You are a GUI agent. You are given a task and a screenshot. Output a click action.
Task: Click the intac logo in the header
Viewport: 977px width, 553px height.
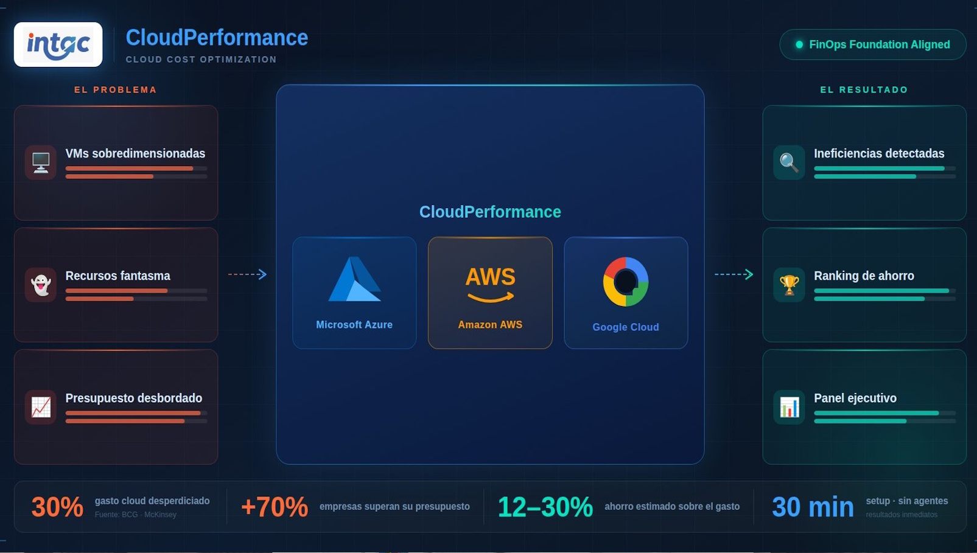pyautogui.click(x=58, y=44)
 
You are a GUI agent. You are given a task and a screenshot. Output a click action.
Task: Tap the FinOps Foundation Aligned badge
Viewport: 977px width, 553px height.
pyautogui.click(x=872, y=44)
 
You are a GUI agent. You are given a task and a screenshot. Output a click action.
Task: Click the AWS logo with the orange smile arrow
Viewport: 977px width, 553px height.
pyautogui.click(x=490, y=284)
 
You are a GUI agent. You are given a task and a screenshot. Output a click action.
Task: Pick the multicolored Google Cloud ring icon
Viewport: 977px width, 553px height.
pyautogui.click(x=626, y=282)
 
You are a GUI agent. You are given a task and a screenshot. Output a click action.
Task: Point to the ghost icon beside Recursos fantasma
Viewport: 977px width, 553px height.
pyautogui.click(x=41, y=285)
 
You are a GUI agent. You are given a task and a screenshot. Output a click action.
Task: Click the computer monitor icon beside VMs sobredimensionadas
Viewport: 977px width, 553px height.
pyautogui.click(x=41, y=162)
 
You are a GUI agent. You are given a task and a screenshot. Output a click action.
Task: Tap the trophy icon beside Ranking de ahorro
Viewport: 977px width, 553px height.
pyautogui.click(x=789, y=285)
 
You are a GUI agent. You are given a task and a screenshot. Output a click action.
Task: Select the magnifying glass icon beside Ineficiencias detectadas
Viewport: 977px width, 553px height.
pyautogui.click(x=789, y=162)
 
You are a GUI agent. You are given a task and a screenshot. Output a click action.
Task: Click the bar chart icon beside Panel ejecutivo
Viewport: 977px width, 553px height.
pyautogui.click(x=789, y=407)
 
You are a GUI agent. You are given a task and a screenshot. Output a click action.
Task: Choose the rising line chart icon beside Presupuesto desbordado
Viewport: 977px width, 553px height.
pyautogui.click(x=41, y=407)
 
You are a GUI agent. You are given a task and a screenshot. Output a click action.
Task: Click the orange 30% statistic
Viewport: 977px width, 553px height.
pyautogui.click(x=57, y=507)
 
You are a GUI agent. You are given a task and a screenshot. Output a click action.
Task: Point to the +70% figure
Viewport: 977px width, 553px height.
pyautogui.click(x=275, y=507)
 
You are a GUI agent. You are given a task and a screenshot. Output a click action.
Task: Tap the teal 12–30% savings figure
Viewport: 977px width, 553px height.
pyautogui.click(x=545, y=507)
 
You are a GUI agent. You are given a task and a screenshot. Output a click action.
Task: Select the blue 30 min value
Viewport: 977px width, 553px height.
pyautogui.click(x=813, y=507)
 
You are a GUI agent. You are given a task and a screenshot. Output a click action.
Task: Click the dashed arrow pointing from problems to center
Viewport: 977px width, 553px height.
pyautogui.click(x=248, y=274)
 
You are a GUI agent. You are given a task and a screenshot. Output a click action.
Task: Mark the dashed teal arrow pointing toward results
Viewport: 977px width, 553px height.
pyautogui.click(x=734, y=274)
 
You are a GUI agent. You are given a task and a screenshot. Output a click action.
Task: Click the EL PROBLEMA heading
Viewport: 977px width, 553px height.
pyautogui.click(x=116, y=90)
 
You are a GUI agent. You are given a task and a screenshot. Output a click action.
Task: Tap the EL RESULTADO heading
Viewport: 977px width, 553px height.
pyautogui.click(x=864, y=90)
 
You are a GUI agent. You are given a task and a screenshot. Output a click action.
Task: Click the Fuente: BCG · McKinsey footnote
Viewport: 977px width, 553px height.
pyautogui.click(x=136, y=515)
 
